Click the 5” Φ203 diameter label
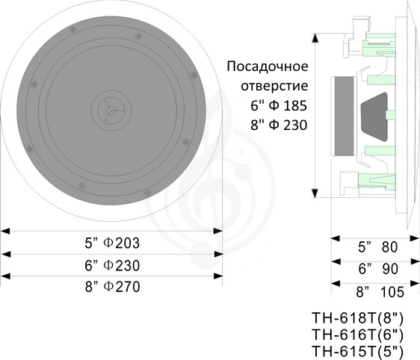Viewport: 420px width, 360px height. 112,243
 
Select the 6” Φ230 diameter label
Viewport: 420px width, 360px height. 112,265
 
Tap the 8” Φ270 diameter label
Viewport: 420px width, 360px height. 113,286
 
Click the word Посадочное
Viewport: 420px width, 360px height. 268,66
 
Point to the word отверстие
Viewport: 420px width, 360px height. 274,86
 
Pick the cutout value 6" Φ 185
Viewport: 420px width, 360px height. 279,105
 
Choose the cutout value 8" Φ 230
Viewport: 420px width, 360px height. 279,125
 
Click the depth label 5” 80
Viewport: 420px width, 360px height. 378,246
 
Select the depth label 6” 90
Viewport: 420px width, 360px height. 378,269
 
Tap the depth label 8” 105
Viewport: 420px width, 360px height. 380,292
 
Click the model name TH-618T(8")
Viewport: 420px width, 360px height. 357,318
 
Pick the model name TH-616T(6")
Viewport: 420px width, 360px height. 357,335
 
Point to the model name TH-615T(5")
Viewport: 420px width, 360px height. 357,352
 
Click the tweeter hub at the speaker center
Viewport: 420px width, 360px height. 111,110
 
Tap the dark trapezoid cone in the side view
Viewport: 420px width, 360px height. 374,117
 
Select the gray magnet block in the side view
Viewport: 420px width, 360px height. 344,117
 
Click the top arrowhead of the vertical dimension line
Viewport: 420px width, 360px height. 315,38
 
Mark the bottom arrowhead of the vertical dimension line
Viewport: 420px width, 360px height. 315,193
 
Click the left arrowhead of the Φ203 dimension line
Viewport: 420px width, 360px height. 5,231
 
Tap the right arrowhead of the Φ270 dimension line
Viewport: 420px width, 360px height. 218,276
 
